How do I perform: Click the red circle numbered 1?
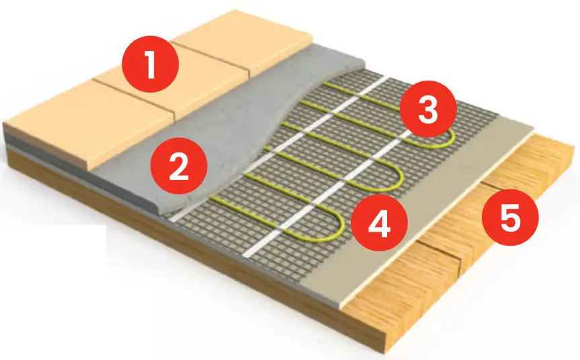(x=149, y=66)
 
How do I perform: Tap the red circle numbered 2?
(x=178, y=167)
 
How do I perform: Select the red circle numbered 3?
(x=427, y=111)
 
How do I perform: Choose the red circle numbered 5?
(x=509, y=218)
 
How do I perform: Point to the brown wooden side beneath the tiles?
(x=134, y=201)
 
